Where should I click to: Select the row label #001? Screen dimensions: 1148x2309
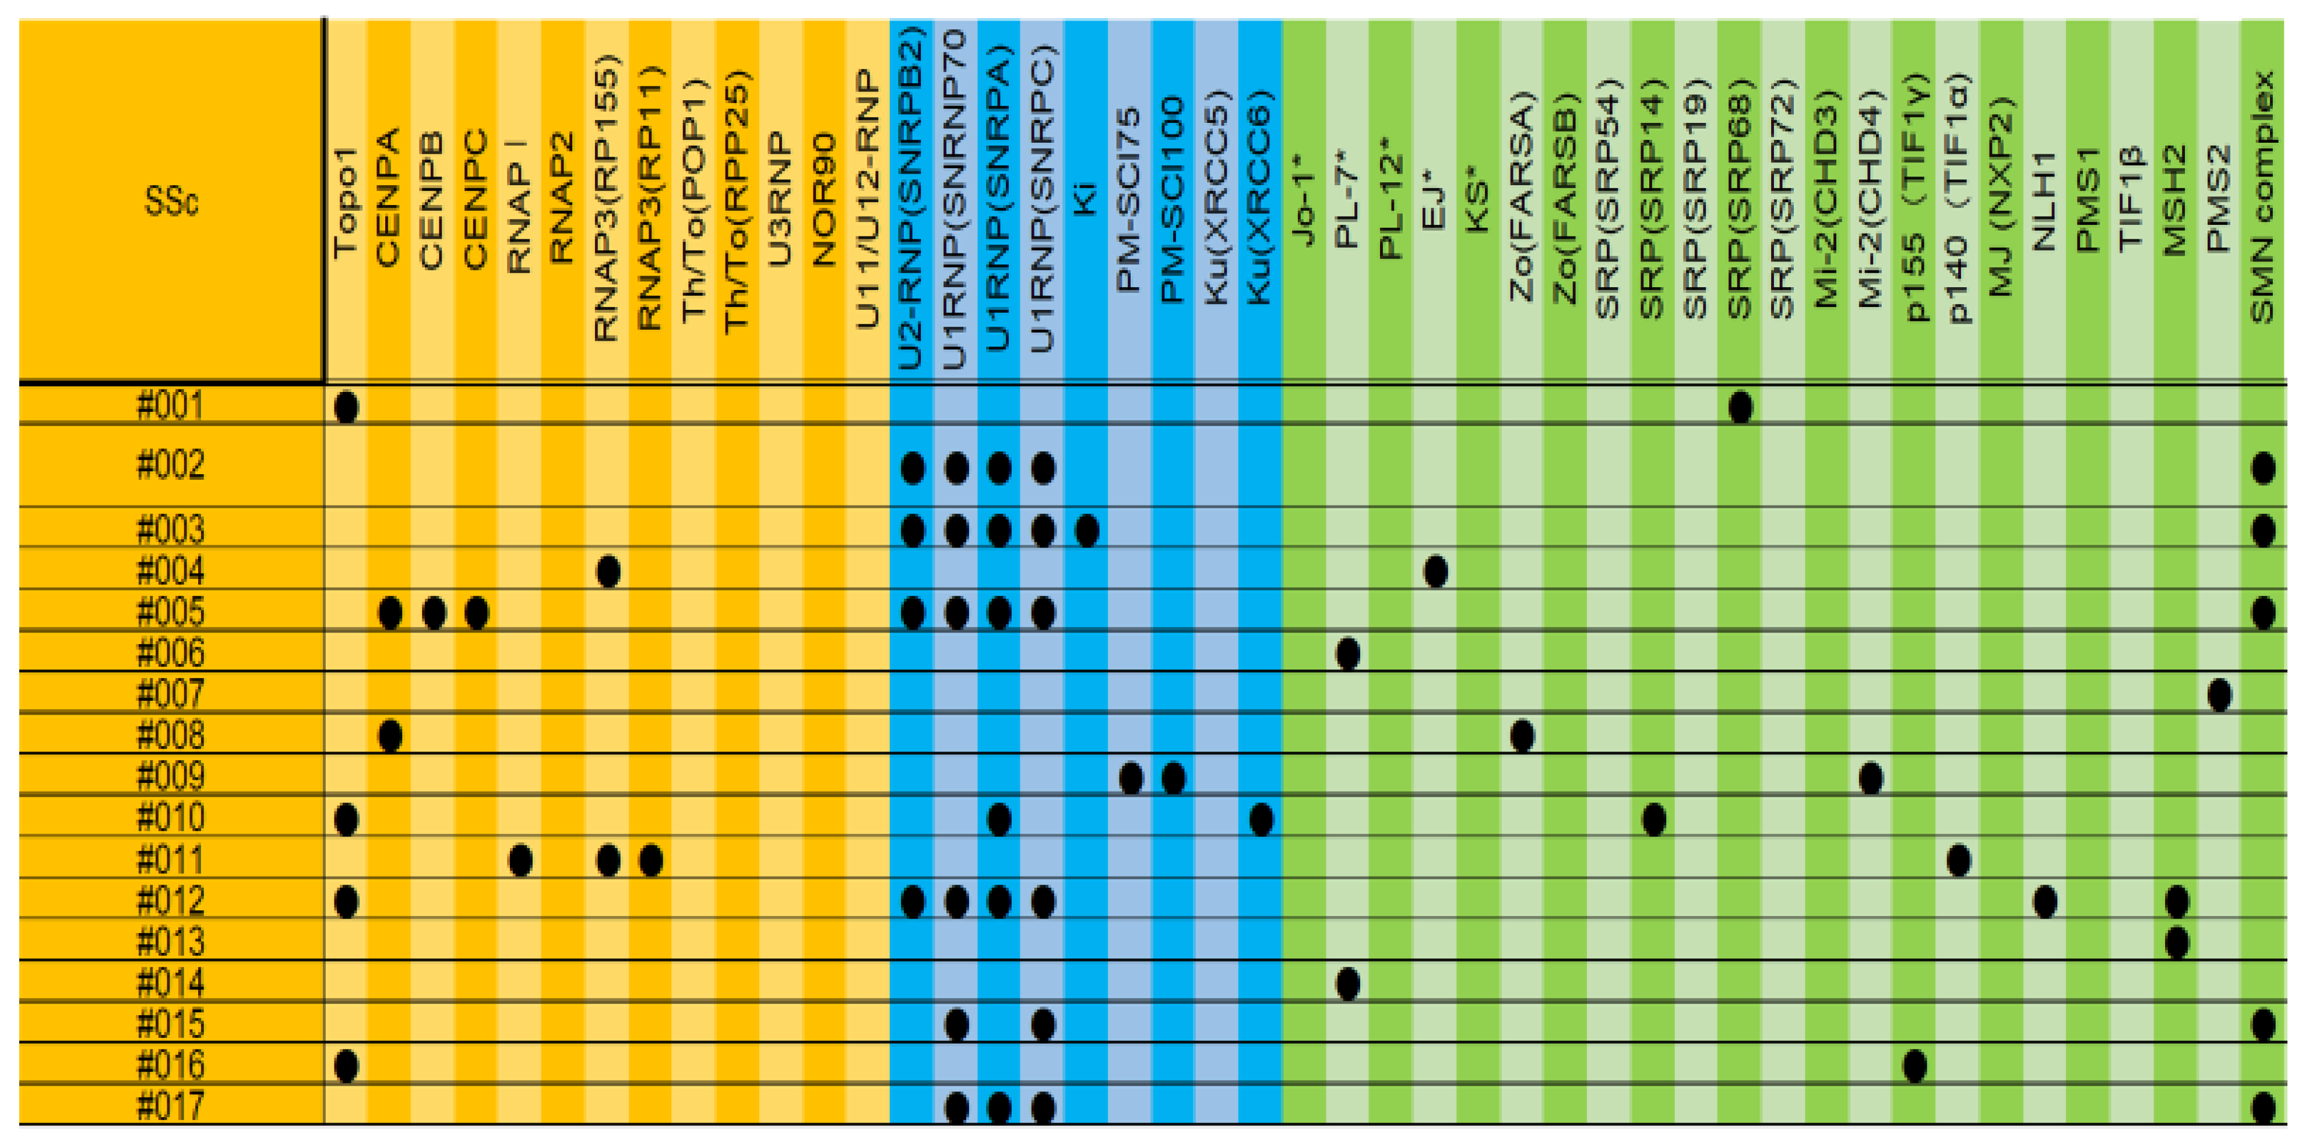[x=170, y=406]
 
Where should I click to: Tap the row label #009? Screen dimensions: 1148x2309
[x=170, y=776]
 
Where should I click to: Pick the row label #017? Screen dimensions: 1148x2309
[x=170, y=1107]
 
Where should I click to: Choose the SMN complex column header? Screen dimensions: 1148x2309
[x=2262, y=197]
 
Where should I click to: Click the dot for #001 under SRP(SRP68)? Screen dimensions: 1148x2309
[x=1740, y=408]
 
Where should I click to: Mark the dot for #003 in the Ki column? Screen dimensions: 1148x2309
[x=1086, y=531]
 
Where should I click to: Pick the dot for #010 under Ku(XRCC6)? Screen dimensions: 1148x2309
[x=1260, y=819]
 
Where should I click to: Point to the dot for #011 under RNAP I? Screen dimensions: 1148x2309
[x=520, y=860]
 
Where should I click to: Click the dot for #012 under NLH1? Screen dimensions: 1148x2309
[x=2044, y=902]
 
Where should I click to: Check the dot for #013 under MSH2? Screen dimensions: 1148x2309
[x=2176, y=943]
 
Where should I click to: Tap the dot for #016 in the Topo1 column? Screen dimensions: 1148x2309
[x=346, y=1065]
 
